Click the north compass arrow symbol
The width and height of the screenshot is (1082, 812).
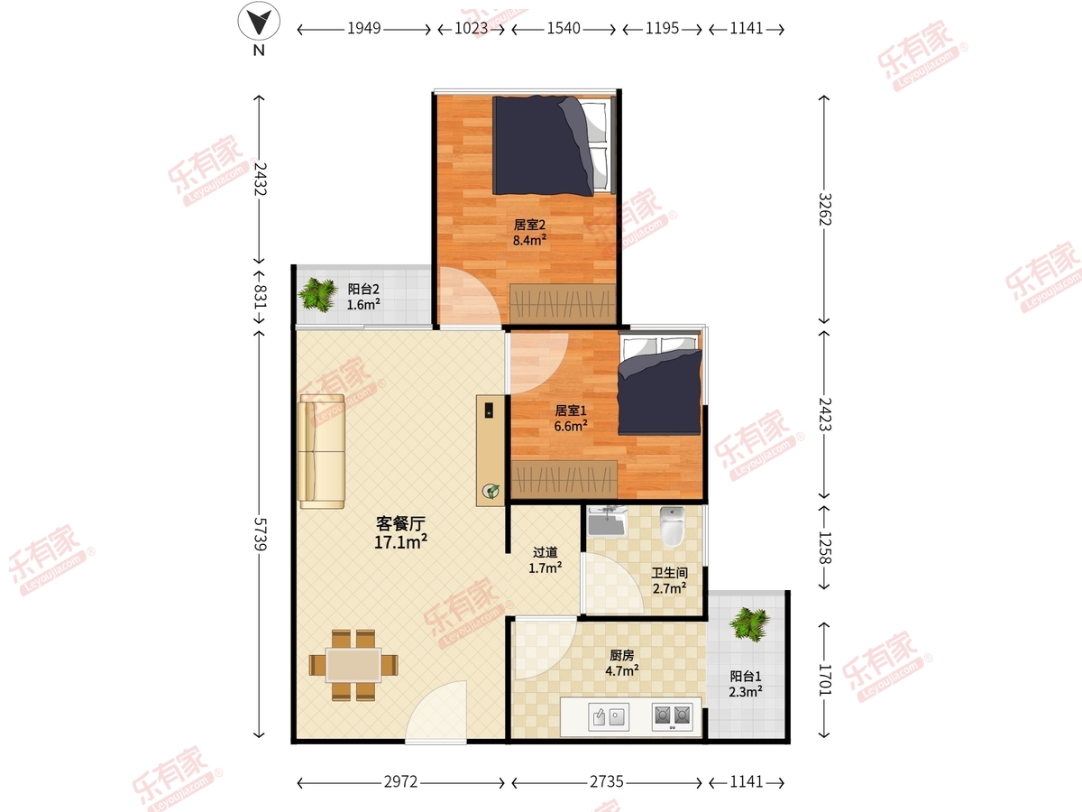click(x=259, y=21)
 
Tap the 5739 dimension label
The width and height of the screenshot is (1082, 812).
click(x=260, y=534)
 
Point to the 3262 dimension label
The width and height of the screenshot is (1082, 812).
click(x=825, y=209)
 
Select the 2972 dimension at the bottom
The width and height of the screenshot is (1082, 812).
click(x=400, y=781)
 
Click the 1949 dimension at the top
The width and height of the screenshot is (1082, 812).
click(x=363, y=28)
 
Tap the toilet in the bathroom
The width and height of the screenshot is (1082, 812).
click(x=672, y=526)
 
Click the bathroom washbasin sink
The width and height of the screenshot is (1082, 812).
click(x=607, y=521)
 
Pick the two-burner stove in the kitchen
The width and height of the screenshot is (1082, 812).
click(x=672, y=716)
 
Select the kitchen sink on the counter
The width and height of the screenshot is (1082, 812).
click(x=609, y=716)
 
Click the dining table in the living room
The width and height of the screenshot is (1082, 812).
click(x=353, y=665)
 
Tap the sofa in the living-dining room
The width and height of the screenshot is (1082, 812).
click(x=321, y=451)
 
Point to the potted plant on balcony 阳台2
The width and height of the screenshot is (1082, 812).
click(x=317, y=295)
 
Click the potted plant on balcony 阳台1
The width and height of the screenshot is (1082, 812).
click(x=749, y=624)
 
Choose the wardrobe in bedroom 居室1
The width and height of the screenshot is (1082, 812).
click(x=564, y=479)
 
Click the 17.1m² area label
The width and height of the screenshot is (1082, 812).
click(x=400, y=542)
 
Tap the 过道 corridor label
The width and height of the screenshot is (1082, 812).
click(x=546, y=552)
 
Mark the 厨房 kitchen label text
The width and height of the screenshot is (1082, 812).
click(x=621, y=655)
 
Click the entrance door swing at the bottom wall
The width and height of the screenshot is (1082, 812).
click(x=436, y=712)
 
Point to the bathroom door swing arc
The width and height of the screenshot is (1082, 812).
click(x=612, y=584)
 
